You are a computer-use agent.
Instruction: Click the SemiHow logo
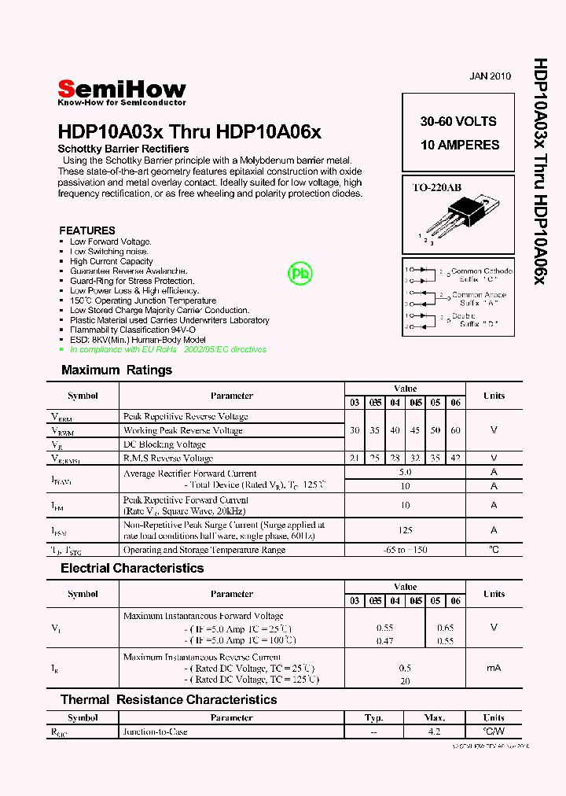pos(122,90)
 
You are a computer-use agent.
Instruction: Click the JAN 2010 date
pos(490,76)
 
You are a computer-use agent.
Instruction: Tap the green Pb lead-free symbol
pos(300,273)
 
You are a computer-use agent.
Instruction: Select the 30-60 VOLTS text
pos(458,121)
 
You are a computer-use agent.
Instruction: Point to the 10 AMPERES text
pos(459,145)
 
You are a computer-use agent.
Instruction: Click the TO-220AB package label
pos(437,188)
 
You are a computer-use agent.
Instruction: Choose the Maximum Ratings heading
pos(116,370)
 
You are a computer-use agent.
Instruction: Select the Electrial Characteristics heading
pos(132,568)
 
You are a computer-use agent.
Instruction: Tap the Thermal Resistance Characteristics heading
pos(168,699)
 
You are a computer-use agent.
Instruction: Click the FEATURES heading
pos(87,230)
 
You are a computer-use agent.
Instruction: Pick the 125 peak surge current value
pos(405,530)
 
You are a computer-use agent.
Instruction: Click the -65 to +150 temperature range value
pos(405,550)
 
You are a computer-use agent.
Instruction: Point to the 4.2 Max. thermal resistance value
pos(433,732)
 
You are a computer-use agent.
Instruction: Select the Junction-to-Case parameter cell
pos(155,732)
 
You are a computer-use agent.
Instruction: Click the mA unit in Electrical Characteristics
pos(494,668)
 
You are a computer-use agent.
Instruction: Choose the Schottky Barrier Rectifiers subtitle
pos(123,149)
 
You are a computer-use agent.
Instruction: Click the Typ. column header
pos(373,717)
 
